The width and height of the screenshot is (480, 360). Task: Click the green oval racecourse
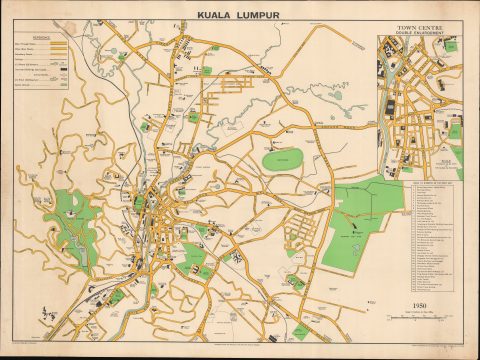tap(282, 159)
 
